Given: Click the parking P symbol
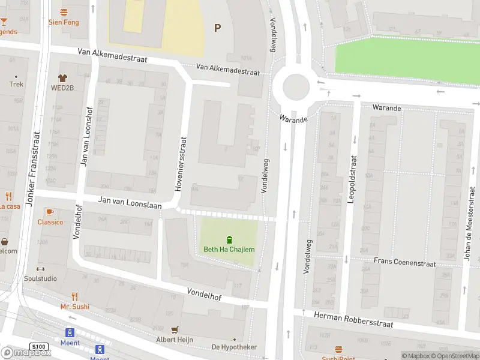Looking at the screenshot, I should point(217,27).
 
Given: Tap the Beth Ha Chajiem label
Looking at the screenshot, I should point(229,250).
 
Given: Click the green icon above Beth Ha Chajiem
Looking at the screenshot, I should point(229,239).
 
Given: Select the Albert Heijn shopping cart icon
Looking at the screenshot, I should point(175,330).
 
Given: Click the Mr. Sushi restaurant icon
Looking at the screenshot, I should point(74,296).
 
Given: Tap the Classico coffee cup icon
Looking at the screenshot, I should point(50,212).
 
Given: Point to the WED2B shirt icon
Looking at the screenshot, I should point(62,78).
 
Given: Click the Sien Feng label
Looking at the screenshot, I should point(64,22).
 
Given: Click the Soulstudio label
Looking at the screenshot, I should point(41,279).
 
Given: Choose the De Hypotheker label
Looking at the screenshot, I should point(234,347).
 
